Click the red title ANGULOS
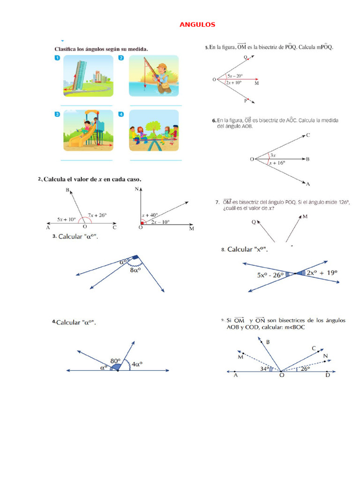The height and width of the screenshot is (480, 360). pos(197,24)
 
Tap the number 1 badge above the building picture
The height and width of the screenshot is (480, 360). pos(57,58)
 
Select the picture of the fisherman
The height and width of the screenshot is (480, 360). pos(154,75)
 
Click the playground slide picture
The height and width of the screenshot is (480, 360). pos(88,130)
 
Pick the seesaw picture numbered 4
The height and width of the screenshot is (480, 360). pos(154,130)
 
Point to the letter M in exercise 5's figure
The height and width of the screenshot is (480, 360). pos(256,83)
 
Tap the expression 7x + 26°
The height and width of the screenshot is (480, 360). pos(97,215)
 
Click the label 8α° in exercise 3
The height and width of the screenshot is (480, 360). pos(135,270)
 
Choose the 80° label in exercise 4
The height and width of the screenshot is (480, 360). pos(115,360)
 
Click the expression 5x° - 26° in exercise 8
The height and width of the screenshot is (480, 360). pos(270,275)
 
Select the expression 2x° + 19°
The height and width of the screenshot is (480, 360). pos(322,272)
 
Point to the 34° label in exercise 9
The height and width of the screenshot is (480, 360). pos(264,369)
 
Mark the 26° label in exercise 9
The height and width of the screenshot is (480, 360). pos(306,369)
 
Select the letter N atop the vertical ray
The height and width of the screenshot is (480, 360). pos(137,189)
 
